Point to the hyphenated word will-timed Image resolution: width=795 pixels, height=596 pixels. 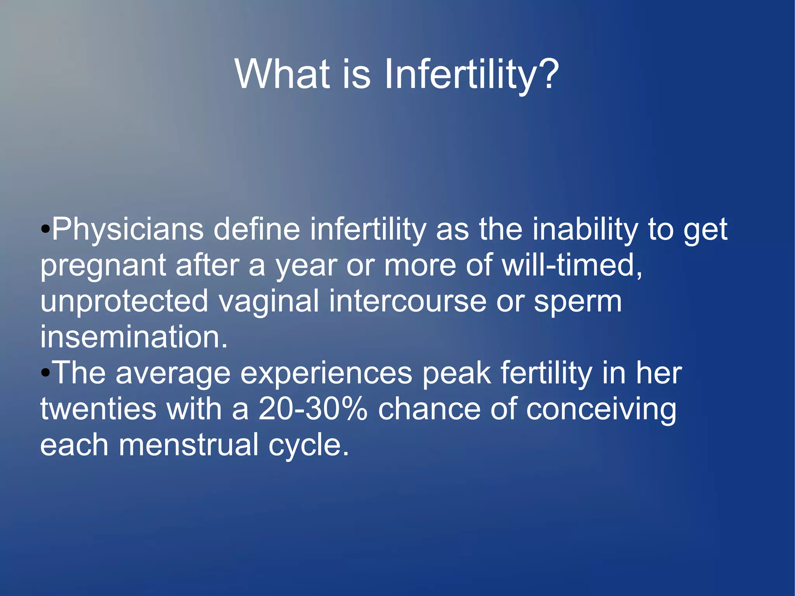click(x=571, y=265)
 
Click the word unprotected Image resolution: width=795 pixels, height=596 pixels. click(x=124, y=301)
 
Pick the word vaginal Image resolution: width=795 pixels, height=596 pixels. click(x=269, y=301)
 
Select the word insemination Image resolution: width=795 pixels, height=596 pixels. click(x=134, y=337)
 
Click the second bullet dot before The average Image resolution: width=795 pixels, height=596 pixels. click(x=45, y=373)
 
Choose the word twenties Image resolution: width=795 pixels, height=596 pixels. click(x=98, y=409)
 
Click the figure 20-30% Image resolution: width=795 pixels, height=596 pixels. click(x=312, y=409)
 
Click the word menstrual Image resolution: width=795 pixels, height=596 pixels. click(x=188, y=445)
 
